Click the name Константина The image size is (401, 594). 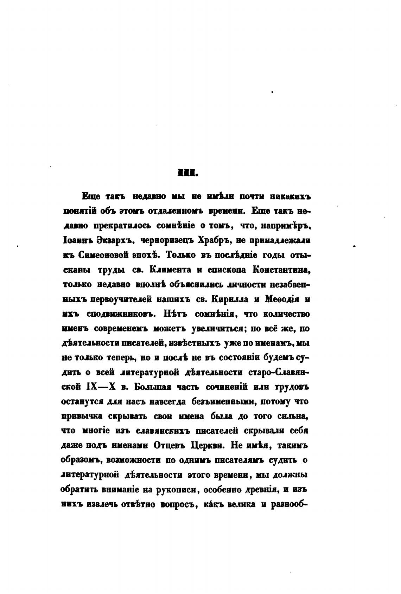(279, 270)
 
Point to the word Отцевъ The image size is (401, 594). (168, 446)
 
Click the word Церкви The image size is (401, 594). (207, 446)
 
